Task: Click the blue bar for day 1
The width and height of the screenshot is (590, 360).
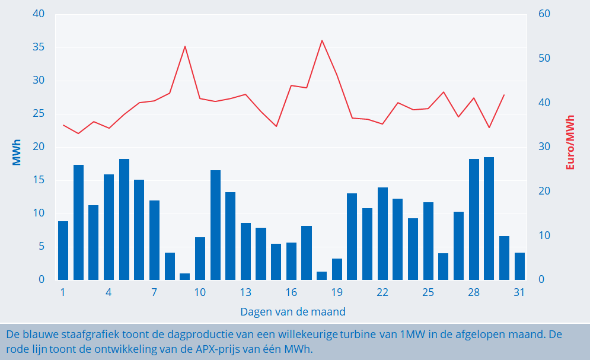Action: pos(63,250)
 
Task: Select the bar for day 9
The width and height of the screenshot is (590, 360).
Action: pos(184,276)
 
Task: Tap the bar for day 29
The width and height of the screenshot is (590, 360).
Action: pos(489,218)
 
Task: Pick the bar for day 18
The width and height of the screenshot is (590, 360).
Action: pos(321,276)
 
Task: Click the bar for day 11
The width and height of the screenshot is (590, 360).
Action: pos(215,225)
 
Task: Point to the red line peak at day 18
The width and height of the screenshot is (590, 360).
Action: pos(321,40)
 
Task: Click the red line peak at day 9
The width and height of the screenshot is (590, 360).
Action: pos(185,46)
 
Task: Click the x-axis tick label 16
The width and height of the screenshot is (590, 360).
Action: pos(291,292)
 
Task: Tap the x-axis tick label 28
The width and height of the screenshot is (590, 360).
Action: pos(473,292)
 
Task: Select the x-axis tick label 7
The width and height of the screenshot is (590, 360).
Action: pos(154,292)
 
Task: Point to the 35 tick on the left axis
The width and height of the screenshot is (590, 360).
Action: pos(38,47)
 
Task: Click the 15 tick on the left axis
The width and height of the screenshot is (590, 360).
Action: pos(38,180)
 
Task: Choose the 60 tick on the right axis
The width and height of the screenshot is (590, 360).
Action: pos(545,14)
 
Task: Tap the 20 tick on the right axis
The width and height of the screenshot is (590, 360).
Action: pos(545,192)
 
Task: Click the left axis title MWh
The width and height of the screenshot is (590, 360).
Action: pos(17,152)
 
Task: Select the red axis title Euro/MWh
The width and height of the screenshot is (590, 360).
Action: pos(570,142)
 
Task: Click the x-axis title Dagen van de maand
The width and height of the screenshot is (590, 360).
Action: pos(293,311)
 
